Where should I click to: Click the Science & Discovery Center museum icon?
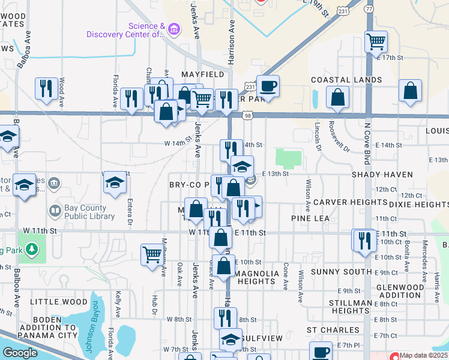click(x=174, y=28)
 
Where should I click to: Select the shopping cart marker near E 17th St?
click(x=376, y=42)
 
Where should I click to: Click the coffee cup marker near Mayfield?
click(x=268, y=86)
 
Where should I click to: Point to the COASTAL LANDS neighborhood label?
click(x=346, y=80)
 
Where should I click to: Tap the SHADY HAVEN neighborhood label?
click(x=383, y=175)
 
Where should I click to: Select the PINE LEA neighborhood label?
click(x=310, y=218)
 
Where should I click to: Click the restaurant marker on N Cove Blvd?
click(x=364, y=241)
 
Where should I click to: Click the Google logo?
click(x=20, y=353)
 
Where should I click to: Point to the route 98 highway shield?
click(x=248, y=115)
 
